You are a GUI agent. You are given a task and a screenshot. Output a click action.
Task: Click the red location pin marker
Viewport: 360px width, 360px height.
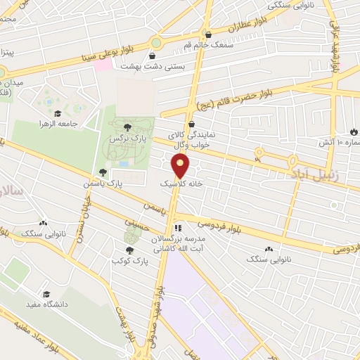181,165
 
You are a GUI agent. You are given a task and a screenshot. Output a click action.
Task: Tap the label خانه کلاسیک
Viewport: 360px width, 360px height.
180,182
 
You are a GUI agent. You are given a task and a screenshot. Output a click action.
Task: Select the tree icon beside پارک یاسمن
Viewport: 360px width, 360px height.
103,172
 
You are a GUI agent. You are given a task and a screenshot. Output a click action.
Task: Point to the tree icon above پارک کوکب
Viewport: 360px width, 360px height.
129,249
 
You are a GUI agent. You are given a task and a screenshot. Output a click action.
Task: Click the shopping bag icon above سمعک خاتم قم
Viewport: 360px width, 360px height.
207,34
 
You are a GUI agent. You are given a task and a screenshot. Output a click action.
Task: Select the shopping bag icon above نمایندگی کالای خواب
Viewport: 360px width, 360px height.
191,124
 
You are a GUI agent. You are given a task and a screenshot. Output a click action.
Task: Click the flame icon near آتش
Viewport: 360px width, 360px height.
353,131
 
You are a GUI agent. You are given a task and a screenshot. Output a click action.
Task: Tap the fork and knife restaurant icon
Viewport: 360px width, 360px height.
178,228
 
